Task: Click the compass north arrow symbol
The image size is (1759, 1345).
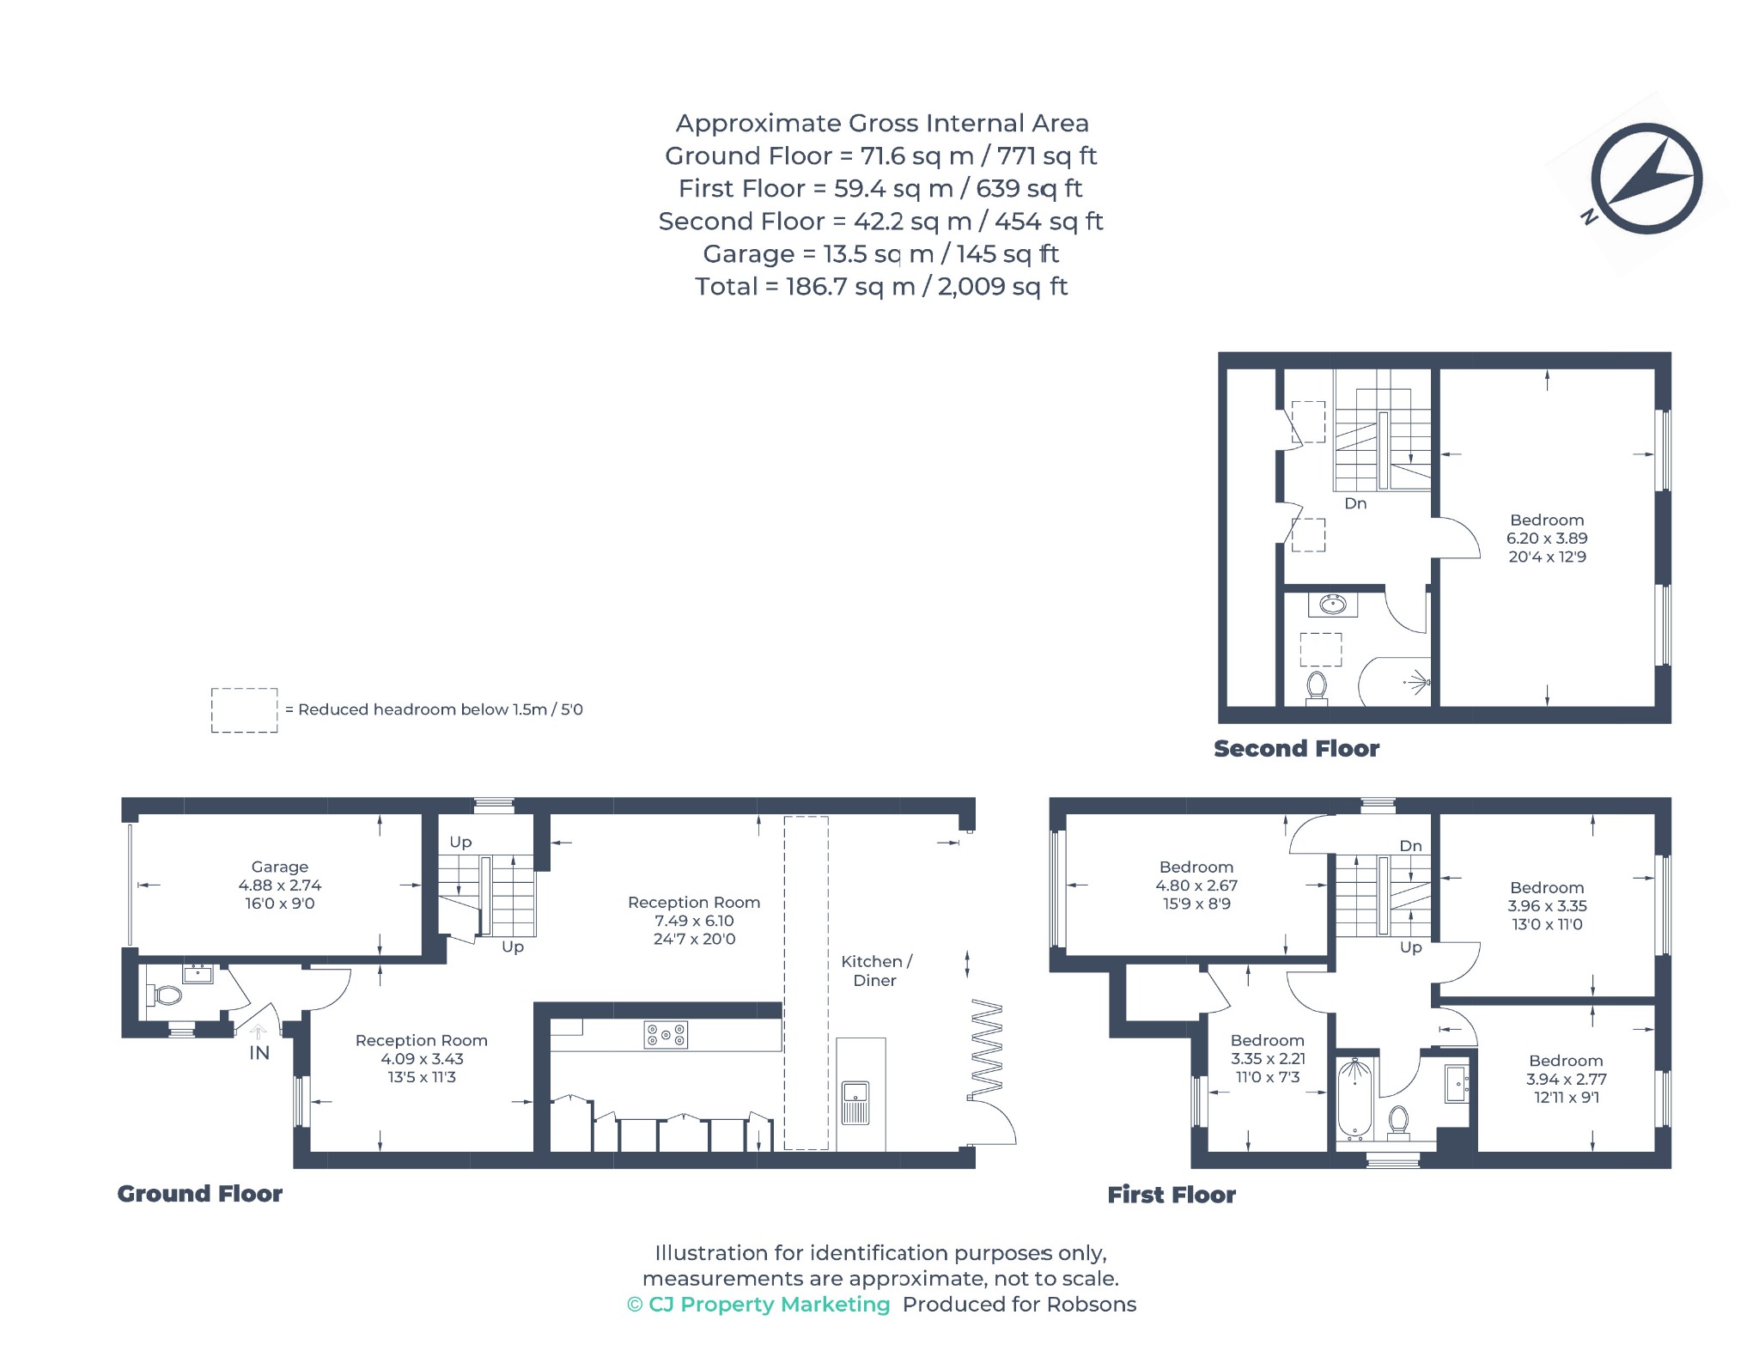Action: coord(1646,179)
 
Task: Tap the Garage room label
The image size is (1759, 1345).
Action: coord(280,867)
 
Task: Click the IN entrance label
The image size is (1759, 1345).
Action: coord(259,1053)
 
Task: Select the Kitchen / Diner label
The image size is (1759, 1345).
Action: coord(876,971)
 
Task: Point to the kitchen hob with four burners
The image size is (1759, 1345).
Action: coord(666,1035)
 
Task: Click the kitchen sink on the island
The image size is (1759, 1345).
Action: coord(855,1104)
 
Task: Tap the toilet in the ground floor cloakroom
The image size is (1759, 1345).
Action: coord(165,995)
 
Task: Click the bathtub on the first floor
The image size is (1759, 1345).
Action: coord(1355,1099)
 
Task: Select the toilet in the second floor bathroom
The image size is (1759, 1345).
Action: coord(1316,688)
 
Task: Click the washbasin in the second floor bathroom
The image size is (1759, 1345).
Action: coord(1333,605)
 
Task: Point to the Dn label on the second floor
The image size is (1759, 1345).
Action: coord(1355,503)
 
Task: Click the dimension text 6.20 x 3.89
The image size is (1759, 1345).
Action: coord(1547,539)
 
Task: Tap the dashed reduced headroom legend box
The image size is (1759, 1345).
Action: coord(245,710)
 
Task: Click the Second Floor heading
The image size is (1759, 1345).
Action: coord(1297,749)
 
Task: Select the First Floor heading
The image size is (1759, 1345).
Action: coord(1172,1195)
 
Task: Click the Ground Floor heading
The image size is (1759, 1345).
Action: coord(200,1194)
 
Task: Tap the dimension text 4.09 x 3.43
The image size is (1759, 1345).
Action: coord(422,1059)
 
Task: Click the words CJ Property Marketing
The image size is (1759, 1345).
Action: coord(770,1305)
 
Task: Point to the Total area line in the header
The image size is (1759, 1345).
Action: coord(881,286)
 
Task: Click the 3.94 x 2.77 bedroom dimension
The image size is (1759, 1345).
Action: coord(1567,1079)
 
